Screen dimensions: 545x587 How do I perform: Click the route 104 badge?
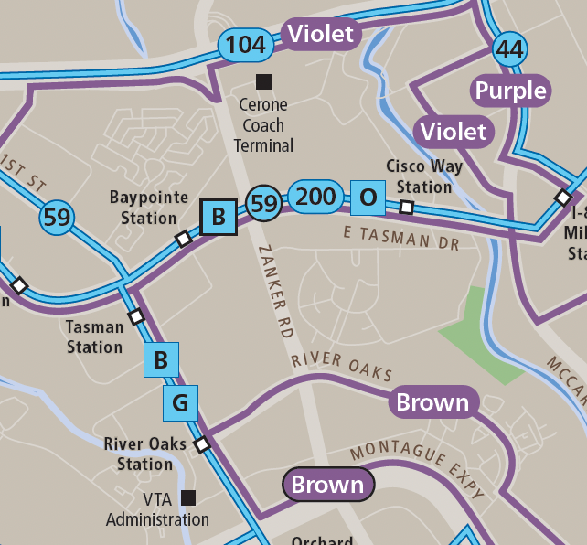245,44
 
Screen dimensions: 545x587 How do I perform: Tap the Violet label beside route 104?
320,35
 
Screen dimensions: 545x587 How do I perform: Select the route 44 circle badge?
509,48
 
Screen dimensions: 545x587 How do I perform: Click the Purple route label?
511,91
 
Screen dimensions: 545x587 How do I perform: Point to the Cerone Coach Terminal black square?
263,81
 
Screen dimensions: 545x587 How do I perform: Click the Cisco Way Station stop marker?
407,208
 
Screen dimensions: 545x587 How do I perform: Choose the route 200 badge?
316,196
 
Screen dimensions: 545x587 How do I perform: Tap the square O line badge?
368,198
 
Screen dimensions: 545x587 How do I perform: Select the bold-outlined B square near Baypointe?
219,217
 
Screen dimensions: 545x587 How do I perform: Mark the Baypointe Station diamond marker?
183,239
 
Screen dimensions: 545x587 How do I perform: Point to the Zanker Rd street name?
275,293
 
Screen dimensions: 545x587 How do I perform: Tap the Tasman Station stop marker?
136,316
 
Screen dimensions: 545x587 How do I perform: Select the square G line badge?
180,402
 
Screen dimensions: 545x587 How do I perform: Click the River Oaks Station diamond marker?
202,444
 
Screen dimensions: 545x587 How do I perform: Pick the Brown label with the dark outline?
328,485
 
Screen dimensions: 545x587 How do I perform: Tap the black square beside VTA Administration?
188,497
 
